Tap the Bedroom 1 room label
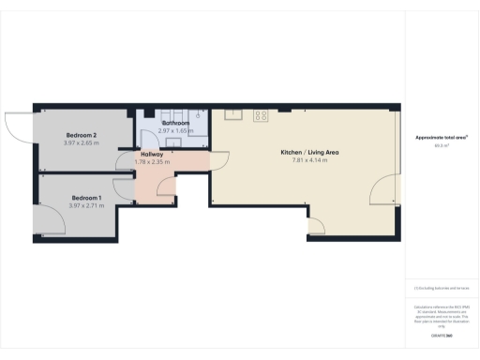(x=86, y=197)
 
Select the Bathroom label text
(x=176, y=123)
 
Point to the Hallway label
(x=153, y=154)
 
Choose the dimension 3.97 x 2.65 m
(x=81, y=142)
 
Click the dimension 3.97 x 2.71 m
(x=86, y=205)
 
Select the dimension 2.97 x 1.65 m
(x=176, y=131)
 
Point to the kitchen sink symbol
(x=234, y=114)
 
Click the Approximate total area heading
(x=442, y=138)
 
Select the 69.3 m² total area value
(x=440, y=146)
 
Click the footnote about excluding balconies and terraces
(x=442, y=289)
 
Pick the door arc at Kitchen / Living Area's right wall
(x=383, y=192)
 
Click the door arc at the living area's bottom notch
(x=317, y=225)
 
